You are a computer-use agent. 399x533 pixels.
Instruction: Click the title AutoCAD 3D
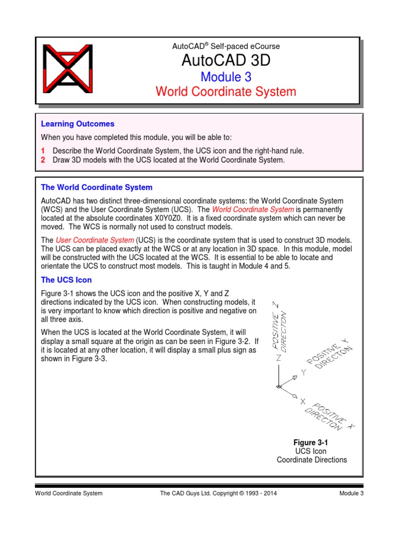226,60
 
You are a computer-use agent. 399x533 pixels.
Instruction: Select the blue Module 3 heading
226,77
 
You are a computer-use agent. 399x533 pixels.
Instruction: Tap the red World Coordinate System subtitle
226,92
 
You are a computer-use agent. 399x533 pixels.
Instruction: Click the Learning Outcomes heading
77,124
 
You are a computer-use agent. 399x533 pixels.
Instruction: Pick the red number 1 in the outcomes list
43,150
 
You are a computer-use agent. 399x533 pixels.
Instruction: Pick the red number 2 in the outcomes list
43,160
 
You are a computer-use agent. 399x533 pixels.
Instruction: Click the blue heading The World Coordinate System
97,187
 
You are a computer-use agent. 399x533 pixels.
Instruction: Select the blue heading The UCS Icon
66,280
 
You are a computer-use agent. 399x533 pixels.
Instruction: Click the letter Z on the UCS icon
278,358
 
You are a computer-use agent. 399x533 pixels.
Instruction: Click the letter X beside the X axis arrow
302,401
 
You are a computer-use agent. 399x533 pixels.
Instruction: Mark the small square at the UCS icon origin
278,387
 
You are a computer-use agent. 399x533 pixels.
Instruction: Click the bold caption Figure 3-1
311,442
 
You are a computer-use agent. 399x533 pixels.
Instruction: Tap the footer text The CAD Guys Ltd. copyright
219,493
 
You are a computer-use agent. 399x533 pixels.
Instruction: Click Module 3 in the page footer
351,493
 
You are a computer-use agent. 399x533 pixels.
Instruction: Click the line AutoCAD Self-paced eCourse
226,46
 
